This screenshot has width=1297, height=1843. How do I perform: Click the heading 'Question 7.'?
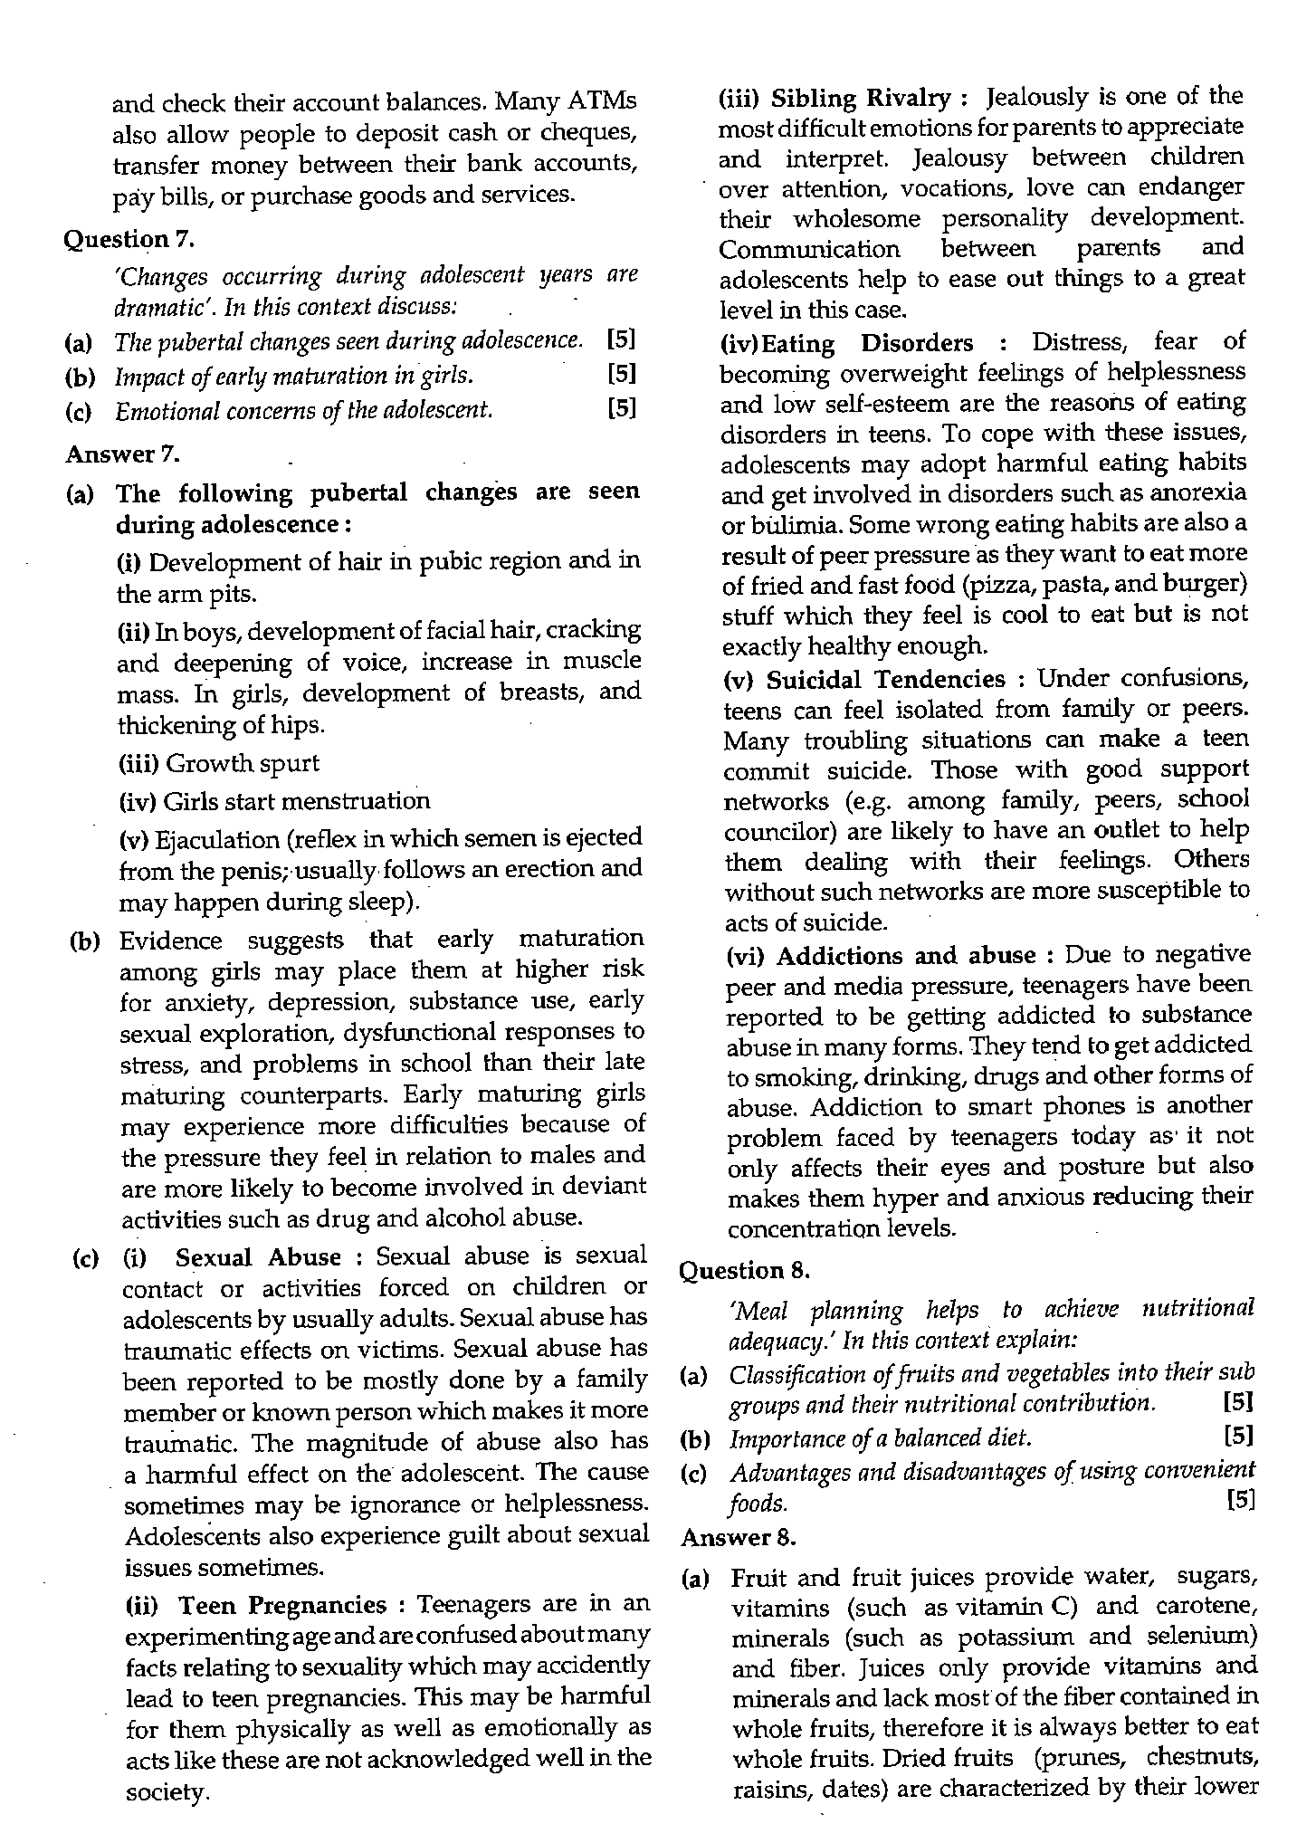coord(129,240)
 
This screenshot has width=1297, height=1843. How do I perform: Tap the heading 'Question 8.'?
coord(744,1271)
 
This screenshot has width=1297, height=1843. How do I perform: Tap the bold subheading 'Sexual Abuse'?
coord(258,1257)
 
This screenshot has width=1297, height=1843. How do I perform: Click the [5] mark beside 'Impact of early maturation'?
coord(622,374)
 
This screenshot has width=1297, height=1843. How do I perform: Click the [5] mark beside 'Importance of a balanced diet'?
coord(1237,1436)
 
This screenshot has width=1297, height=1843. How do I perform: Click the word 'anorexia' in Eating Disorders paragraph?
coord(1201,493)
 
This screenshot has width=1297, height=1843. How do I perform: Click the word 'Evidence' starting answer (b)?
coord(170,941)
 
